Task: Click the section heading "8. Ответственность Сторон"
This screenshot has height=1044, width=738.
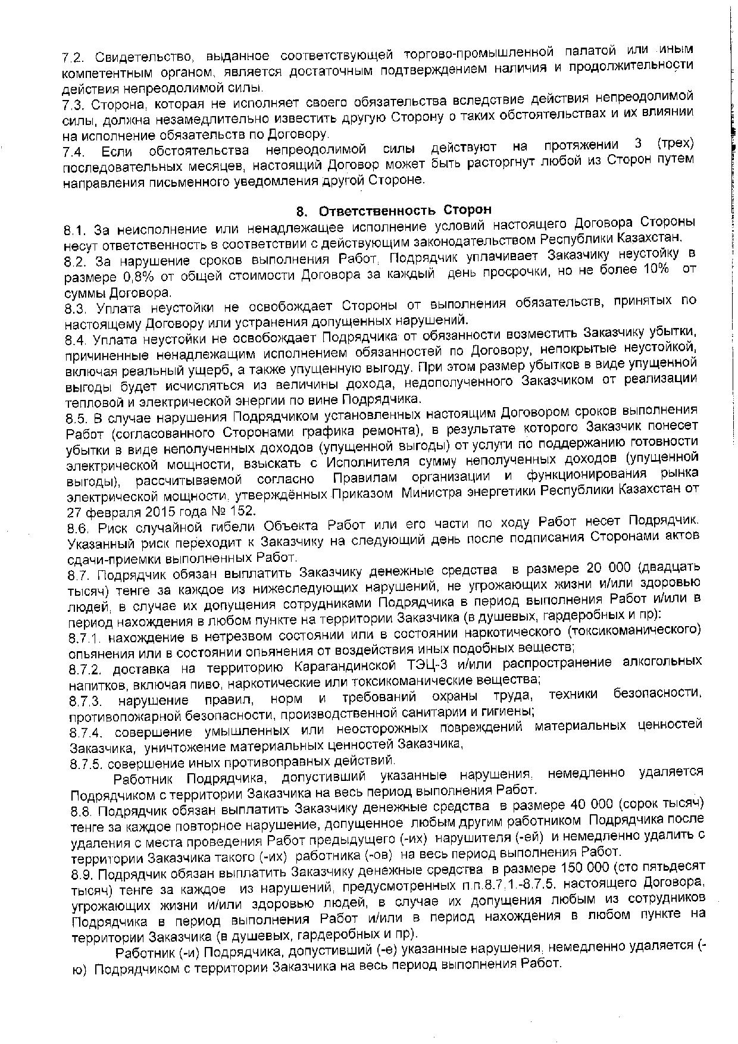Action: click(x=394, y=211)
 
